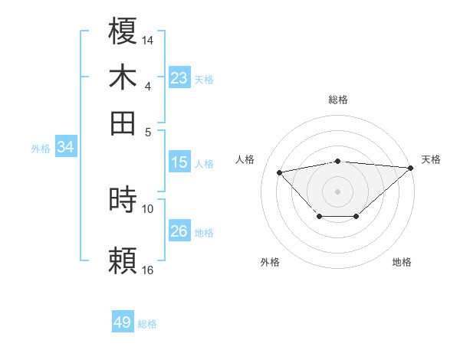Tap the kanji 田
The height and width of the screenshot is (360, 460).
pyautogui.click(x=123, y=122)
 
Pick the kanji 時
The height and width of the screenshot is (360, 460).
pyautogui.click(x=123, y=200)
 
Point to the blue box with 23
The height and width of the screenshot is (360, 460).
pyautogui.click(x=179, y=78)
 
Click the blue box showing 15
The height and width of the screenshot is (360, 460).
pyautogui.click(x=179, y=162)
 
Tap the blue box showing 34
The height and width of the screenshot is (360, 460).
pyautogui.click(x=65, y=148)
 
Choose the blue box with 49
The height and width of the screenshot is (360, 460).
pyautogui.click(x=123, y=322)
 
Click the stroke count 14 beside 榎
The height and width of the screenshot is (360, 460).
pyautogui.click(x=148, y=38)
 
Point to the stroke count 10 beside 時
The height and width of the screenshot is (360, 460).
pyautogui.click(x=148, y=208)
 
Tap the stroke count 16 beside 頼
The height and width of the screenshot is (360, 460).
pyautogui.click(x=148, y=269)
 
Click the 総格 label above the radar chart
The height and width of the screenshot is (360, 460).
pyautogui.click(x=338, y=100)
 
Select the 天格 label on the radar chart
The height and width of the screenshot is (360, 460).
pyautogui.click(x=431, y=159)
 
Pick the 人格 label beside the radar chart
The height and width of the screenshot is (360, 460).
pyautogui.click(x=245, y=159)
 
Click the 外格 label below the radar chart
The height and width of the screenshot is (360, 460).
pyautogui.click(x=270, y=262)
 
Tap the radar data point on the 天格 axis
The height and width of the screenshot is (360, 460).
pyautogui.click(x=411, y=168)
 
